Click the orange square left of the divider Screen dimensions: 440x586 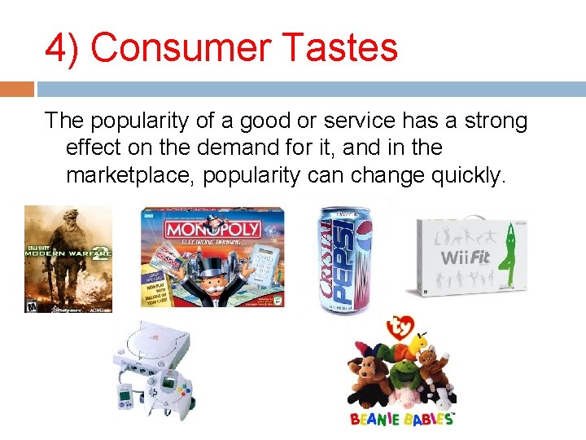click(x=16, y=88)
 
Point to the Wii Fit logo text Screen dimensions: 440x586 click(x=466, y=257)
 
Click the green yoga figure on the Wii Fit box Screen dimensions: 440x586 click(x=510, y=253)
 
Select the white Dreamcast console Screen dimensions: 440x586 click(x=155, y=350)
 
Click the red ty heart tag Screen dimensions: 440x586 click(x=402, y=328)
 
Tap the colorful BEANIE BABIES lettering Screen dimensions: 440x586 click(x=401, y=419)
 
